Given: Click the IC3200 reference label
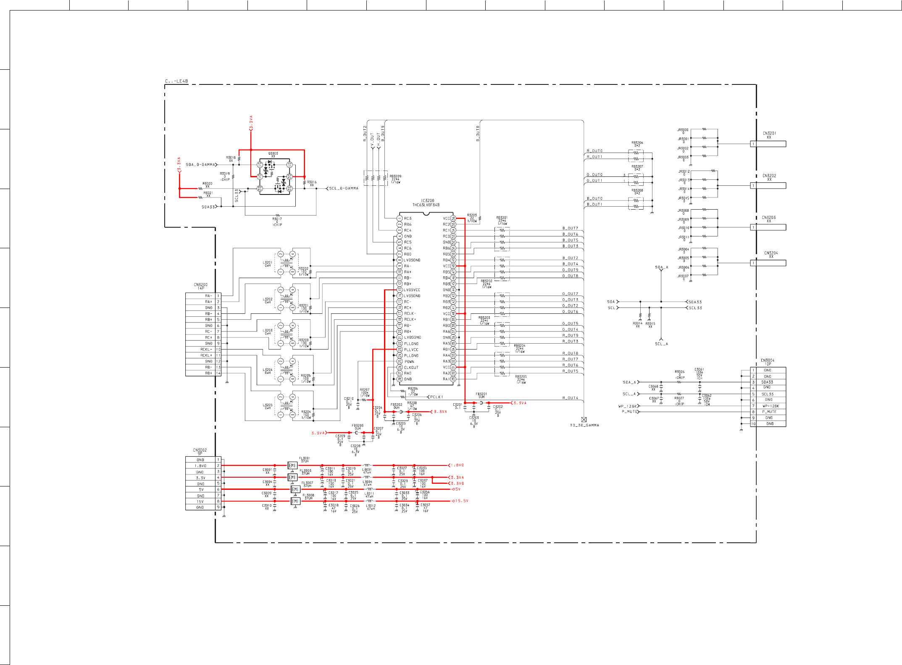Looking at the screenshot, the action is [x=427, y=201].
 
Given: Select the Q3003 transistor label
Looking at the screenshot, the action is [x=273, y=153].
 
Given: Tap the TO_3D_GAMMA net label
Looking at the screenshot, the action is [x=584, y=425].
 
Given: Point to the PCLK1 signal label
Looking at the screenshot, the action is [x=437, y=397].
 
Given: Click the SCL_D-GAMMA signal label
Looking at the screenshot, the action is [x=343, y=189].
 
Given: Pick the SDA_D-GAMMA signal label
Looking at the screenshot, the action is [x=200, y=165].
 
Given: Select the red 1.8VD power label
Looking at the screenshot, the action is [x=457, y=465].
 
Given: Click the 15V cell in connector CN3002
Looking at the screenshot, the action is [x=200, y=501].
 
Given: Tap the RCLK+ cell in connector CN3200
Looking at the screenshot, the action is [x=206, y=355].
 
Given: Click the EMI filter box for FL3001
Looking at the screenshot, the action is [x=292, y=465].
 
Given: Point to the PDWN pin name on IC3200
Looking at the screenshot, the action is [x=409, y=361].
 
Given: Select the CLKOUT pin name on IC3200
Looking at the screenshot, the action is [x=411, y=368].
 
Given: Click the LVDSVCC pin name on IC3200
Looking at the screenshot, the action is [x=412, y=290].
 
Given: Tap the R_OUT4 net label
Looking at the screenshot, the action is [x=570, y=398].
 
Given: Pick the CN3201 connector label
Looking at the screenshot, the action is [x=769, y=133].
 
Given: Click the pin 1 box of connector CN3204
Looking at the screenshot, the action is [x=753, y=263].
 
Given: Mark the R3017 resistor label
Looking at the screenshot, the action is [x=277, y=219].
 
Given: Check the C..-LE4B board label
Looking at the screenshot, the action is [x=176, y=81].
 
